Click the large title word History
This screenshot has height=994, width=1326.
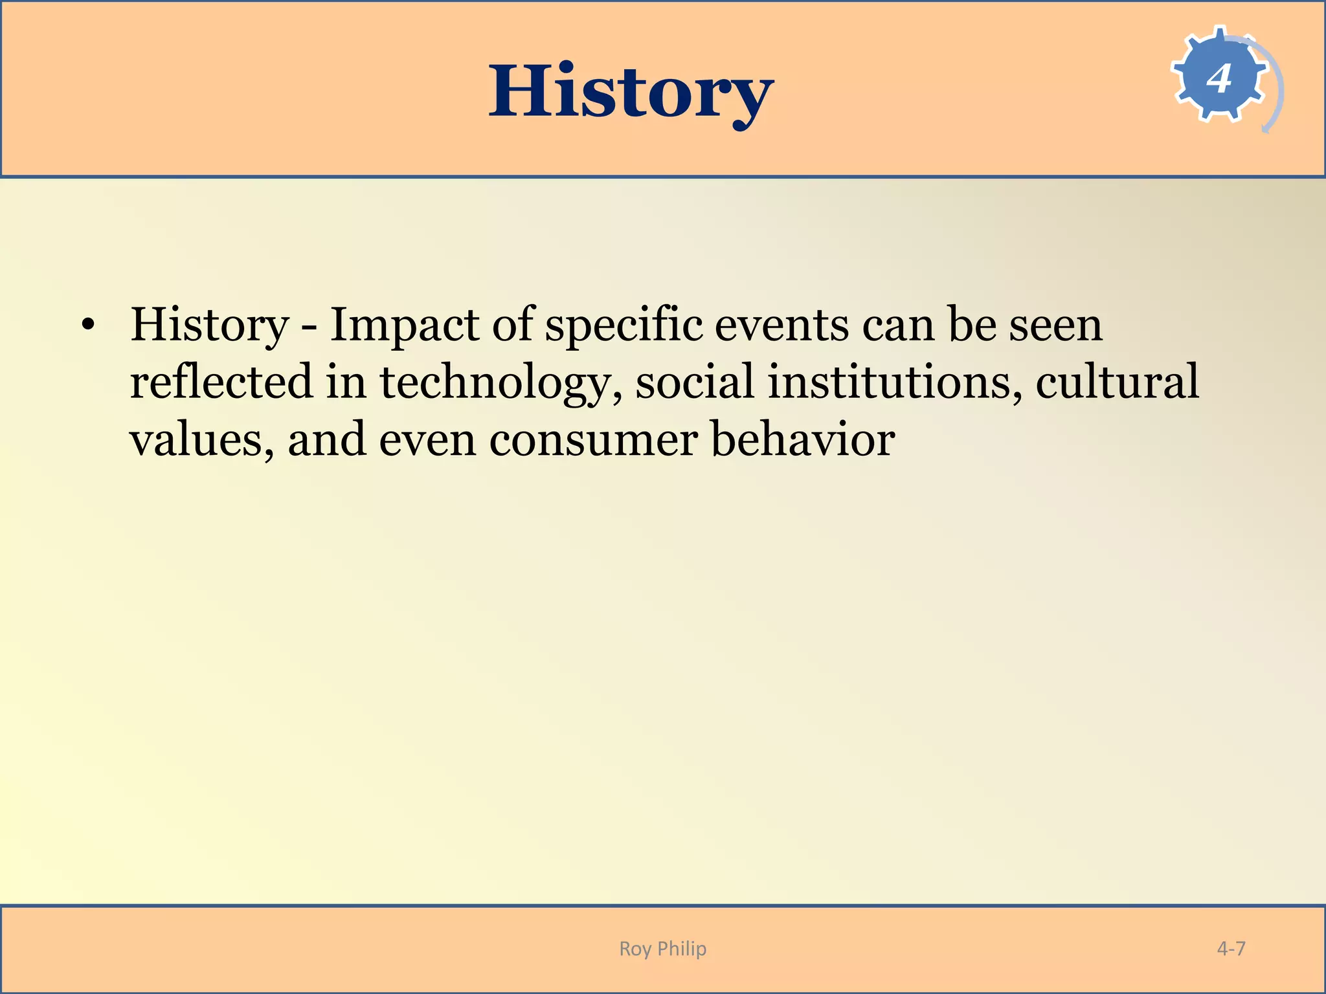coord(631,92)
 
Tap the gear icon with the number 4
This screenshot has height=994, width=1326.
coord(1219,78)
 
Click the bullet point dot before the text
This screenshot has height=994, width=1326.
coord(89,326)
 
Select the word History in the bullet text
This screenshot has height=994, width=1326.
coord(209,326)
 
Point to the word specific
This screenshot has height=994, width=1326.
coord(624,326)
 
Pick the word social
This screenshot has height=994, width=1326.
coord(695,382)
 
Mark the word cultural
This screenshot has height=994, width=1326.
coord(1117,382)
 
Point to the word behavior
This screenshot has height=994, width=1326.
coord(803,439)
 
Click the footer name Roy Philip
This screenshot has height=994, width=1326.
coord(662,949)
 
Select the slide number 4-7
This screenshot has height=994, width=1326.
coord(1231,949)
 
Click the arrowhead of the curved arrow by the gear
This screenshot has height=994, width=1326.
coord(1266,130)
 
